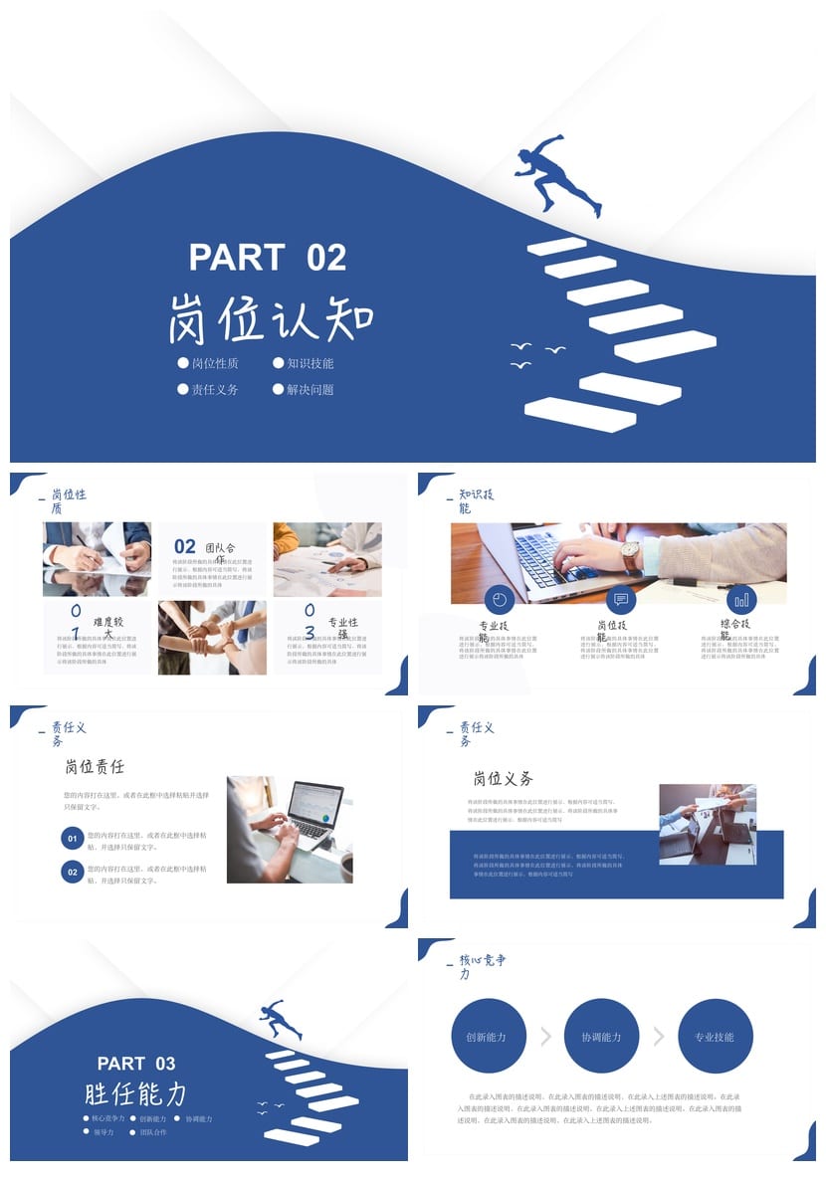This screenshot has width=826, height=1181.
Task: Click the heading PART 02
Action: click(x=268, y=258)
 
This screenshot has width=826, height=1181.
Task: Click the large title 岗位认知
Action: click(x=271, y=318)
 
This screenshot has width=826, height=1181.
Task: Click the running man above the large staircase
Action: click(x=558, y=175)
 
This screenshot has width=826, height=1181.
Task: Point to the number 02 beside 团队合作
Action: click(x=185, y=546)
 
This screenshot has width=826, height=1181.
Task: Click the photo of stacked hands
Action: click(x=212, y=638)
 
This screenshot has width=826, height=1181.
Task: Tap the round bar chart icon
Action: click(x=741, y=600)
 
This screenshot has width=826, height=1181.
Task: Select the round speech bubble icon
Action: click(x=621, y=600)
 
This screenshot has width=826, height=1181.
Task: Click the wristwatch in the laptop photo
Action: click(x=630, y=555)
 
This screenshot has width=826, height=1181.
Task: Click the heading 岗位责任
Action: click(x=96, y=767)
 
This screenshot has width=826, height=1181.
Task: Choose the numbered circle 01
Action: click(x=72, y=840)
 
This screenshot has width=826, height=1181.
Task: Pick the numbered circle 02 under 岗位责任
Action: click(x=72, y=873)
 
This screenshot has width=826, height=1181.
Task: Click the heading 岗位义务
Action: click(x=504, y=778)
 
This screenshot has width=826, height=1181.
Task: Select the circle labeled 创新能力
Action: click(x=487, y=1037)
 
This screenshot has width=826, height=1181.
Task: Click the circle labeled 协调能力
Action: click(x=601, y=1037)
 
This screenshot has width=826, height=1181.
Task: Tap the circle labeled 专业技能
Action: click(x=715, y=1037)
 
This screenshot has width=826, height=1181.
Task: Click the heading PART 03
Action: click(x=136, y=1064)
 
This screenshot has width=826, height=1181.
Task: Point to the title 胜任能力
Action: click(x=136, y=1094)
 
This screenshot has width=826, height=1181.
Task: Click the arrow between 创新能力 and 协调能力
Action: click(x=545, y=1037)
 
